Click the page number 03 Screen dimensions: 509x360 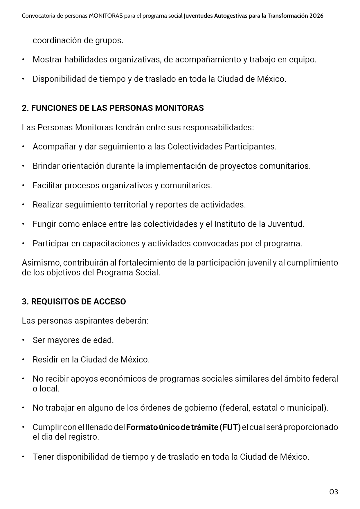pos(334,492)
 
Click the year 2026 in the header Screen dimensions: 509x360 pos(316,16)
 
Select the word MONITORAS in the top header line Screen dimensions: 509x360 pos(106,16)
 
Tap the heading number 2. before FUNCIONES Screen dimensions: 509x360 pos(25,108)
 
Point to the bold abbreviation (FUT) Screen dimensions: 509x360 pos(230,427)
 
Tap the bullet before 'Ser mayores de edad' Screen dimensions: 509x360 pos(23,340)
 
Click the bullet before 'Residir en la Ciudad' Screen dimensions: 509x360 pos(23,360)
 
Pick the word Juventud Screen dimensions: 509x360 pos(286,224)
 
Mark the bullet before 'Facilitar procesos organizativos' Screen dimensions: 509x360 pos(23,185)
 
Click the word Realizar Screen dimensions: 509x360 pos(48,205)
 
